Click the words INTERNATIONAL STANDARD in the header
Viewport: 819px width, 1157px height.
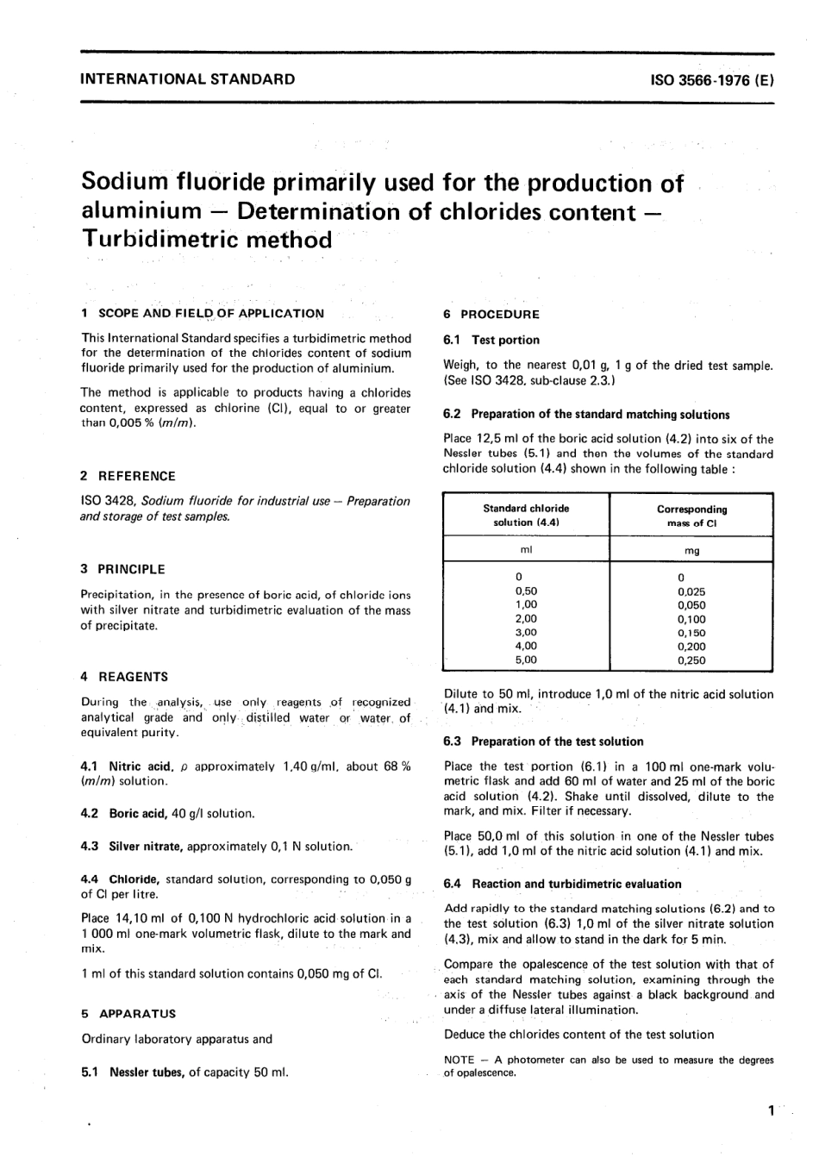187,79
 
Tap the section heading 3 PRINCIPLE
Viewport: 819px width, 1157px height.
122,569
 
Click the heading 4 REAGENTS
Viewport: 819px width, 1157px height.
124,677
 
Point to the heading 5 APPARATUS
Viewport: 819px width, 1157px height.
128,1014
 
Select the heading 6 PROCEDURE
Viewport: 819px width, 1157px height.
491,315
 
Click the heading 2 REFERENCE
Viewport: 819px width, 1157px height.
128,476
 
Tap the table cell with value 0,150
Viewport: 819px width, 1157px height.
691,633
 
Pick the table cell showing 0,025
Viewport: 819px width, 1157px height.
691,591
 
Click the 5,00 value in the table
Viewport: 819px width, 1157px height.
525,660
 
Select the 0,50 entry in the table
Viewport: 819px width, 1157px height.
525,591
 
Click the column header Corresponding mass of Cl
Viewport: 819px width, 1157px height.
691,516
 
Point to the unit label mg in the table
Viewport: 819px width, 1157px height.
691,551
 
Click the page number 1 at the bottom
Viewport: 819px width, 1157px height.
770,1111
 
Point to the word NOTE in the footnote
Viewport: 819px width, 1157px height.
460,1060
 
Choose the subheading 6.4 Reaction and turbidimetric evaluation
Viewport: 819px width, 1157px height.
562,884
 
